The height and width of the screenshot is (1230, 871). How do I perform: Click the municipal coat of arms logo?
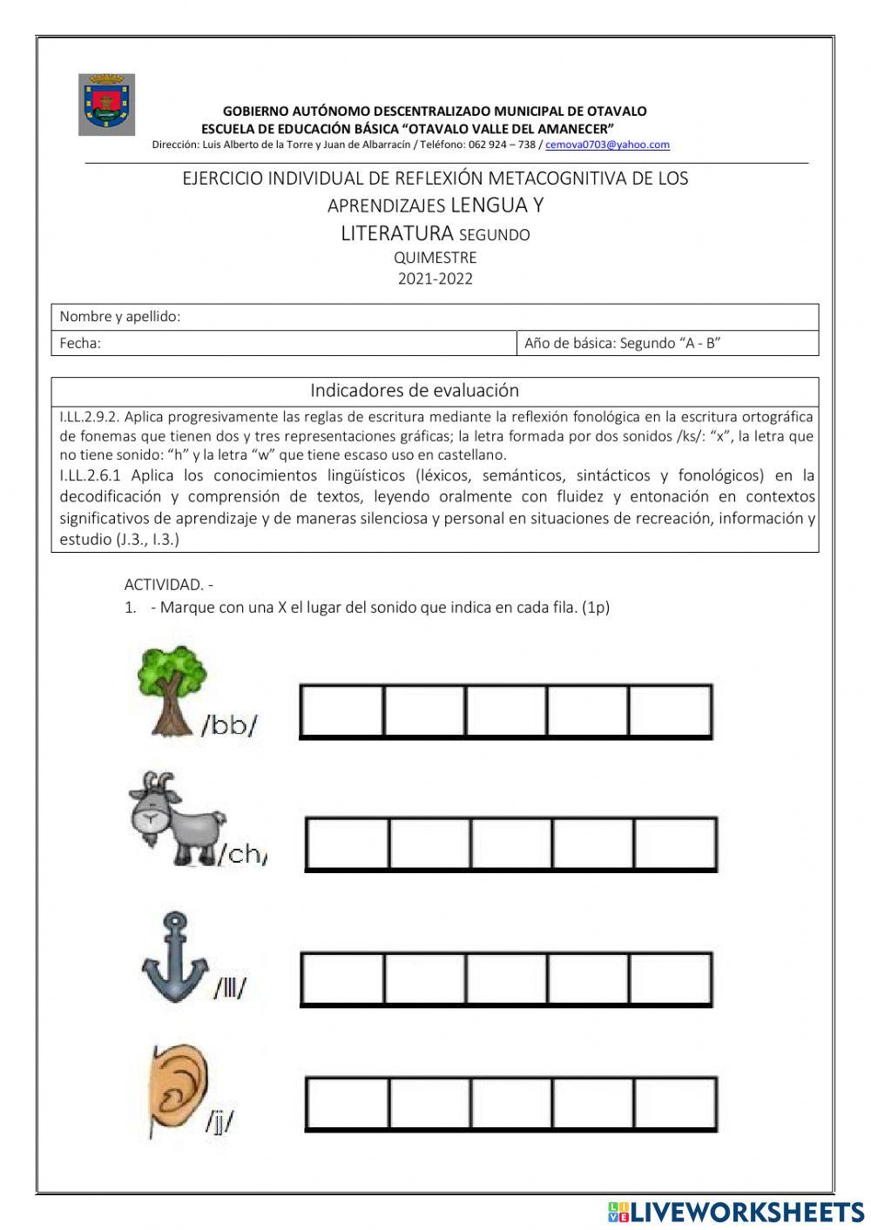pyautogui.click(x=106, y=104)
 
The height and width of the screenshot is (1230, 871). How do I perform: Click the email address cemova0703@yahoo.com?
pyautogui.click(x=607, y=145)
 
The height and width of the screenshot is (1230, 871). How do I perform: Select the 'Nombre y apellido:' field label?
pyautogui.click(x=120, y=317)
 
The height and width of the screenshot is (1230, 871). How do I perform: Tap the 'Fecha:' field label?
pyautogui.click(x=80, y=343)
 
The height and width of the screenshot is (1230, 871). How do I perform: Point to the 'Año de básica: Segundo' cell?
pyautogui.click(x=622, y=343)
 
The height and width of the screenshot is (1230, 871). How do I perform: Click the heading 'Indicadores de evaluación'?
pyautogui.click(x=415, y=390)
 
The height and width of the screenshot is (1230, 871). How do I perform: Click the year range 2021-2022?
pyautogui.click(x=435, y=279)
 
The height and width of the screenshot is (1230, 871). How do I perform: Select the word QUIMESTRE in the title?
pyautogui.click(x=435, y=258)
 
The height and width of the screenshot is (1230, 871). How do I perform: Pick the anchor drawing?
pyautogui.click(x=175, y=958)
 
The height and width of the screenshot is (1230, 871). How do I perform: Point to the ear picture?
pyautogui.click(x=180, y=1089)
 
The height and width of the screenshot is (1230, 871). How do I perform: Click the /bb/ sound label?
pyautogui.click(x=230, y=725)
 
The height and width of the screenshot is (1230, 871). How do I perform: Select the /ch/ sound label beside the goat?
pyautogui.click(x=244, y=855)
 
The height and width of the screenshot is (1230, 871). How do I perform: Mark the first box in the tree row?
pyautogui.click(x=341, y=712)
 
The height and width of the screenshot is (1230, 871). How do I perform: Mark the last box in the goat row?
pyautogui.click(x=675, y=844)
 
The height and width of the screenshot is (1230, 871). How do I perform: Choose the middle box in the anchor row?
pyautogui.click(x=505, y=979)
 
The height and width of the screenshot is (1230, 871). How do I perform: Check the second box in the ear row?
pyautogui.click(x=429, y=1105)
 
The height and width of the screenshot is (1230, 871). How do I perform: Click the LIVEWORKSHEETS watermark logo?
pyautogui.click(x=736, y=1212)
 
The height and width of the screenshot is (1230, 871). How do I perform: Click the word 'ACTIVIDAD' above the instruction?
pyautogui.click(x=163, y=585)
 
